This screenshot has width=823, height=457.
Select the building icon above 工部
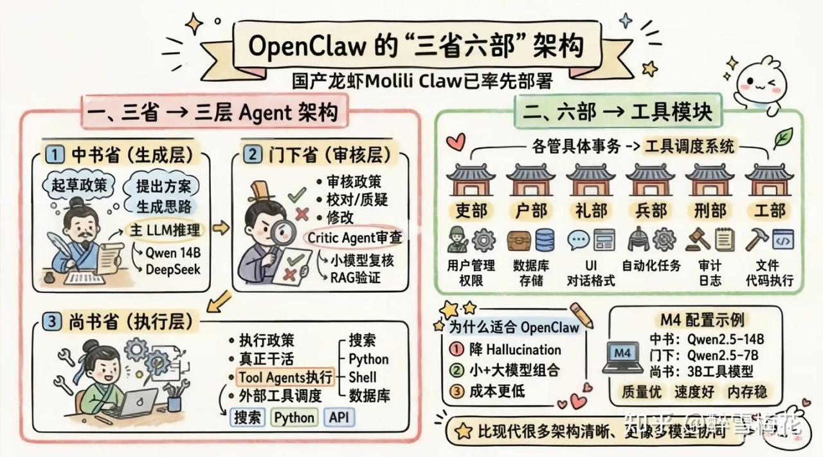pos(769,180)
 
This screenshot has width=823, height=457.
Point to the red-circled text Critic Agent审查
pos(354,238)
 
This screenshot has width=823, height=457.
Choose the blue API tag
pos(338,417)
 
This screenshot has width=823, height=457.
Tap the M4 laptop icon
pos(622,358)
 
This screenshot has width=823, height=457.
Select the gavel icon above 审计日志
pos(697,239)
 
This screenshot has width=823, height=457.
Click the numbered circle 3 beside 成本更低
pos(456,391)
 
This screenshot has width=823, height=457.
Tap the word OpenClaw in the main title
pos(302,46)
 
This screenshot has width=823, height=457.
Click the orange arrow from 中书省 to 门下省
pos(221,227)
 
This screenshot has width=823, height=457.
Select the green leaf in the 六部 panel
pos(782,137)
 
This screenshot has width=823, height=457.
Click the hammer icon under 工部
pos(757,239)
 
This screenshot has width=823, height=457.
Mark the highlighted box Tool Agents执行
pos(285,377)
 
